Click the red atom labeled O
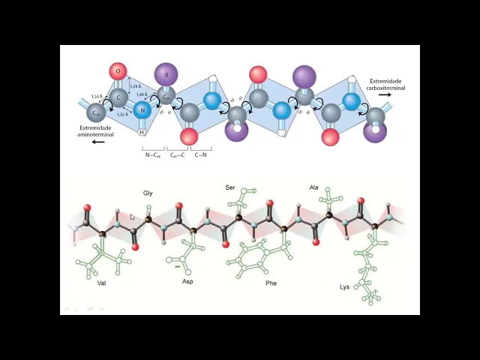(x=118, y=72)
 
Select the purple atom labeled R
(x=166, y=73)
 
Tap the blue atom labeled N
(x=142, y=111)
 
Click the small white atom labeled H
(x=142, y=133)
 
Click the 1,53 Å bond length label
(x=96, y=97)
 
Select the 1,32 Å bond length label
(x=122, y=115)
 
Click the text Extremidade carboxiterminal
(x=386, y=85)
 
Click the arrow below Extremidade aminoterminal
(x=98, y=142)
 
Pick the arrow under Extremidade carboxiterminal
(x=385, y=95)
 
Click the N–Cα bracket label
(x=153, y=154)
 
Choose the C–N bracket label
(x=201, y=154)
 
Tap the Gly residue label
(x=148, y=193)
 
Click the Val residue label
(x=102, y=283)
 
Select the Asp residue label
(x=187, y=281)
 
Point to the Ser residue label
(x=230, y=187)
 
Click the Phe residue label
(x=271, y=283)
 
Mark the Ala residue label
(x=313, y=187)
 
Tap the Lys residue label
(x=344, y=286)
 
